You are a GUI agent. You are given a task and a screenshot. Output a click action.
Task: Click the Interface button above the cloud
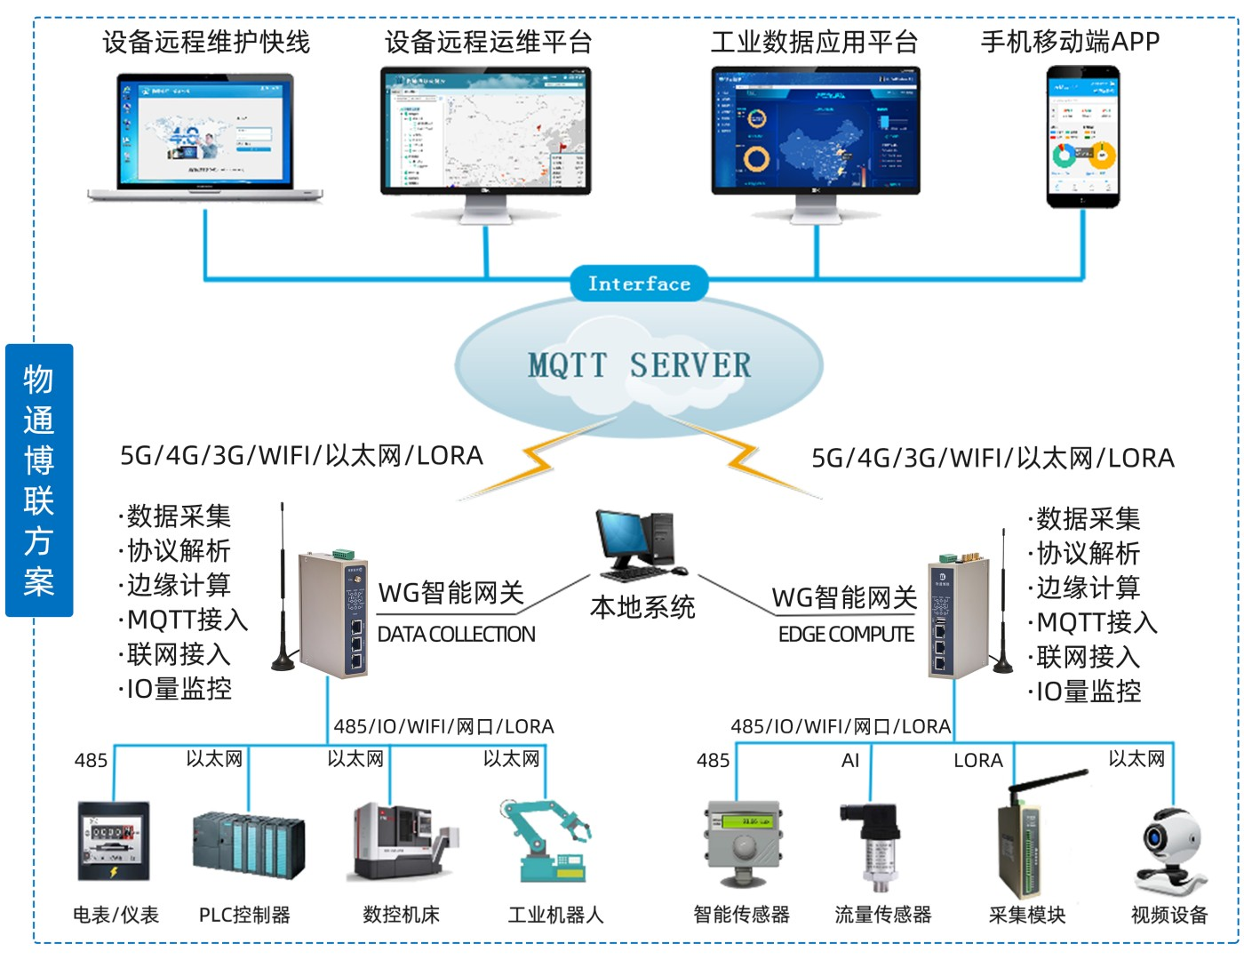[x=639, y=284]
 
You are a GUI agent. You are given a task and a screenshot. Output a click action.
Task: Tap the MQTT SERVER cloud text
[x=639, y=364]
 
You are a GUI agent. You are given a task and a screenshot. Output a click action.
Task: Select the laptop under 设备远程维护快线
[x=206, y=138]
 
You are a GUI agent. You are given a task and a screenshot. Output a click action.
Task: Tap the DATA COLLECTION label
[x=457, y=635]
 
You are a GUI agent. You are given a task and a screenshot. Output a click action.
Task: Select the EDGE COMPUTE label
[x=846, y=635]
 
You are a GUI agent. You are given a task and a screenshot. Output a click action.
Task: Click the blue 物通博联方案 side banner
[x=39, y=480]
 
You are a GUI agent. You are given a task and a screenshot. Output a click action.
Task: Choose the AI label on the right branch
[x=850, y=761]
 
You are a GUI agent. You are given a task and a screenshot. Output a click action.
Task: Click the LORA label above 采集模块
[x=977, y=761]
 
